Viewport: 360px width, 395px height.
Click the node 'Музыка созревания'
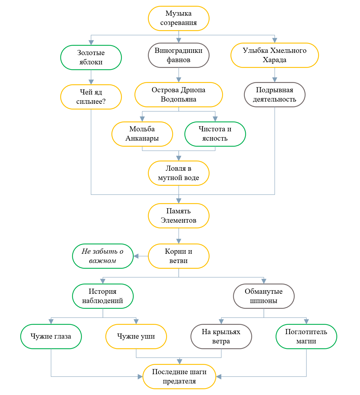tap(179, 18)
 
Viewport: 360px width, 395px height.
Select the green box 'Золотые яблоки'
tap(91, 57)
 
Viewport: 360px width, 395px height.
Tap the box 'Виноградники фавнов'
tap(179, 55)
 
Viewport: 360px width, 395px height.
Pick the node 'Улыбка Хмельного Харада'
tap(275, 55)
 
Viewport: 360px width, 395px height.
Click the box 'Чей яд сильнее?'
tap(91, 97)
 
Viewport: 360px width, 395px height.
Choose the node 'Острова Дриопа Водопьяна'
tap(179, 95)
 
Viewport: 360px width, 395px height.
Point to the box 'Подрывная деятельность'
tap(275, 95)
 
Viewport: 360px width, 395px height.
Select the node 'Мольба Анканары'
tap(142, 134)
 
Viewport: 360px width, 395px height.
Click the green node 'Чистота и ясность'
tap(215, 134)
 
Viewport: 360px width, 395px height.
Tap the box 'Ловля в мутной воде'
tap(179, 173)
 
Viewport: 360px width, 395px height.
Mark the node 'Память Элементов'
tap(179, 216)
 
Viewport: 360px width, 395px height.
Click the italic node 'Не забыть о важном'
tap(103, 256)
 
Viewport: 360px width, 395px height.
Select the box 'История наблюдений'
tap(103, 296)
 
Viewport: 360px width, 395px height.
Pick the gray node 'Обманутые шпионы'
tap(264, 296)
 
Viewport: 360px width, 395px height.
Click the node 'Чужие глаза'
tap(51, 336)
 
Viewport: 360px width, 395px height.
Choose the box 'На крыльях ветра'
tap(221, 336)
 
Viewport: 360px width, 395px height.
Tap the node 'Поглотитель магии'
tap(306, 336)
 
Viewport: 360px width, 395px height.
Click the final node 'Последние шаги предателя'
tap(179, 376)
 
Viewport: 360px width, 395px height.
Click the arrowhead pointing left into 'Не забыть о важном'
tap(136, 256)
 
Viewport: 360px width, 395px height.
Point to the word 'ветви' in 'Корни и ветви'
tap(179, 261)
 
